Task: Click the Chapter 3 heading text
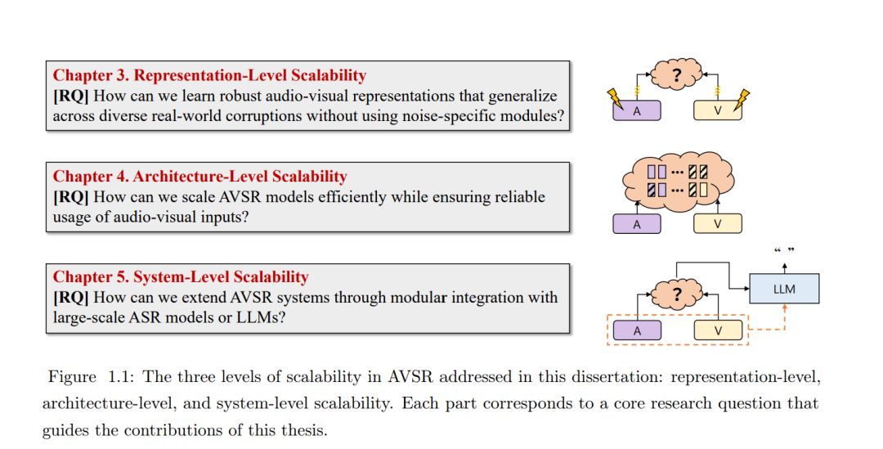[209, 76]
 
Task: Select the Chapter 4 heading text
[200, 177]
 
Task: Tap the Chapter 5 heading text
[181, 277]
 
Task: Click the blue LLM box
[784, 290]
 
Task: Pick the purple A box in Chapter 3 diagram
[637, 111]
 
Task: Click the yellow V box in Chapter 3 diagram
[717, 111]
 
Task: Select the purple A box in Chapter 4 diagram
[637, 224]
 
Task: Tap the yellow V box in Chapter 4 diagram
[717, 224]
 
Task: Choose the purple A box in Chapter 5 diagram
[637, 330]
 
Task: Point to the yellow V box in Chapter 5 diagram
[717, 330]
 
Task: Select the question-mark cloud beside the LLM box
[676, 293]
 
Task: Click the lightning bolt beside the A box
[615, 100]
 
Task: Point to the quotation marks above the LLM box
[784, 250]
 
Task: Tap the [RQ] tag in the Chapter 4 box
[70, 197]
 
